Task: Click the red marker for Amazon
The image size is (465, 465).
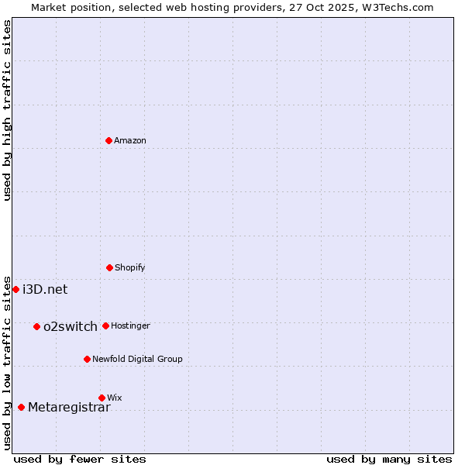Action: tap(108, 140)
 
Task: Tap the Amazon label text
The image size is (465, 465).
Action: tap(130, 141)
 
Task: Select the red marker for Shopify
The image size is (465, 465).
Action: tap(109, 267)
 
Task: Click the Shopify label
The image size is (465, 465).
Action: tap(130, 268)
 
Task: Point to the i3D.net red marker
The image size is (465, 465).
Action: tap(15, 289)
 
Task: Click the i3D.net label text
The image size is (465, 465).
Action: tap(45, 290)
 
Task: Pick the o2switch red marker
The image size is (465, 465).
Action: tap(36, 326)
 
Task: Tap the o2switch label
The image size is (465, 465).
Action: tap(71, 327)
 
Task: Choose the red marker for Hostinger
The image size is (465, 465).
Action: tap(105, 325)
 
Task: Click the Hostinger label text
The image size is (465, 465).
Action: tap(130, 326)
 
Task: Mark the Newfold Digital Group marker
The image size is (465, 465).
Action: tap(87, 359)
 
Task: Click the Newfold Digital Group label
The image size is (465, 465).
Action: tap(138, 360)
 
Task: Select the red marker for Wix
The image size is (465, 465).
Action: tap(102, 398)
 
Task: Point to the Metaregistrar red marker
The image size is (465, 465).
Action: tap(21, 407)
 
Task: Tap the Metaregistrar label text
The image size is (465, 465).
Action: tap(69, 408)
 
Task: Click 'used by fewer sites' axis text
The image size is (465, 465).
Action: tap(80, 459)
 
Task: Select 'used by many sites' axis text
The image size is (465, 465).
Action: tap(389, 459)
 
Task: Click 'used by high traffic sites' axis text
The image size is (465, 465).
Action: tap(7, 111)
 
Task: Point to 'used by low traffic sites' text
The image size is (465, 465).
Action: tap(7, 363)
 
